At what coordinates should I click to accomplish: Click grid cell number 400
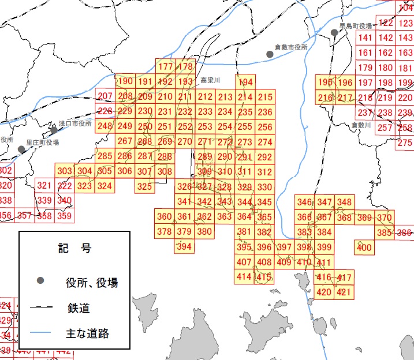364,247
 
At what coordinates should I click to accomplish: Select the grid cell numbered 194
245,82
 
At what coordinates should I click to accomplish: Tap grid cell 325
144,186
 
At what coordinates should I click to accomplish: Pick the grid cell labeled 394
184,246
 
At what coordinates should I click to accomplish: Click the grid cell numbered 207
105,96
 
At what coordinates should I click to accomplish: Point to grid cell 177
166,67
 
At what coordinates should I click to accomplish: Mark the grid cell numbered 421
344,292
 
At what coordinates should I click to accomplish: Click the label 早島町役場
355,26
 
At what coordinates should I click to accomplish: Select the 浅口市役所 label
75,124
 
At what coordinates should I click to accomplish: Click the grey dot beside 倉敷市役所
270,54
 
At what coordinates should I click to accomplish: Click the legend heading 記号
74,249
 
